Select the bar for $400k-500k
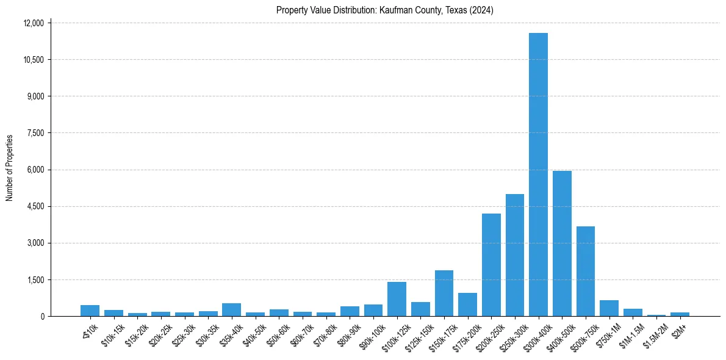[x=562, y=243]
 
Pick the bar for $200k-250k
[x=491, y=265]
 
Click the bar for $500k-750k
[x=585, y=271]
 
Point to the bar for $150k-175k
[x=444, y=293]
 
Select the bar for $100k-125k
[x=397, y=299]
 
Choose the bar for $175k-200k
[x=467, y=304]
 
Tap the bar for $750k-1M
[x=609, y=308]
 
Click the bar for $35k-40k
[x=231, y=310]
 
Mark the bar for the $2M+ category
[x=680, y=314]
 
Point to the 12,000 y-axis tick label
[x=34, y=23]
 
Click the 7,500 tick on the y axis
[x=36, y=133]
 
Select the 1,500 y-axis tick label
[x=36, y=279]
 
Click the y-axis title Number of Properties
[x=10, y=168]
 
